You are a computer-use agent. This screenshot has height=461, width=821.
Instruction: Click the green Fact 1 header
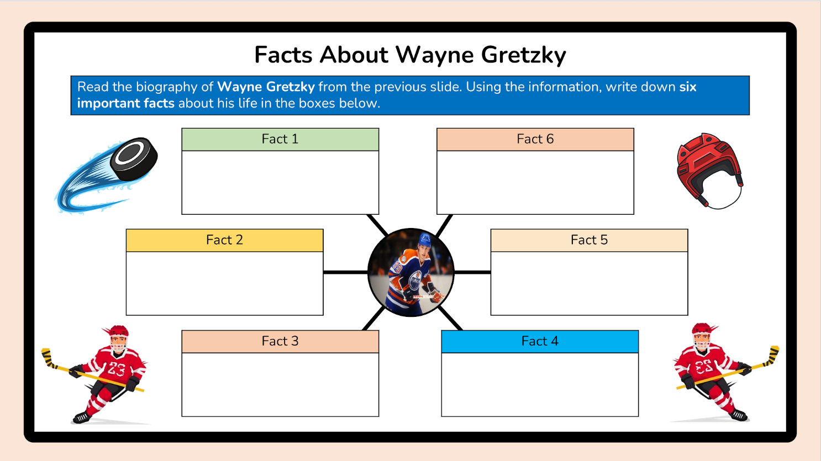[280, 139]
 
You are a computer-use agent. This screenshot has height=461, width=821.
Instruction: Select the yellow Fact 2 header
[224, 240]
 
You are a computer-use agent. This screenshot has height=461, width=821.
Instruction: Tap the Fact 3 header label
[280, 341]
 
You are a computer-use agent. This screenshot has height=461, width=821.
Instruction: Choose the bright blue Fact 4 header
[540, 341]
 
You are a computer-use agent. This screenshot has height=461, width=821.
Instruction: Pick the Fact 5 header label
[589, 240]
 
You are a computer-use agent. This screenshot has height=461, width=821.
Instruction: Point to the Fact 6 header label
[535, 139]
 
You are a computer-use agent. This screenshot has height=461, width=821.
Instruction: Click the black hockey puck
[134, 158]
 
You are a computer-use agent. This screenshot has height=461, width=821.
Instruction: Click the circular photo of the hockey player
[411, 272]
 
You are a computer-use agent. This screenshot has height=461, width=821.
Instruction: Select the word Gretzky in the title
[523, 55]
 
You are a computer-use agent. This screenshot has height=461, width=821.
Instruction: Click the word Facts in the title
[283, 55]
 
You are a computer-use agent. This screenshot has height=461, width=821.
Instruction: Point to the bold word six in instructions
[688, 87]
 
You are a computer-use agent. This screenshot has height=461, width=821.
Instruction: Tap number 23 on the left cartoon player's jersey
[116, 369]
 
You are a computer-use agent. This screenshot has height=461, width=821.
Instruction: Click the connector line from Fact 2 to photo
[345, 272]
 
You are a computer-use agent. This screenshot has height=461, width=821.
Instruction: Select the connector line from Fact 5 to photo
[472, 272]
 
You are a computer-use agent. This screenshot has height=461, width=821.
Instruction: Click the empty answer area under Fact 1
[280, 182]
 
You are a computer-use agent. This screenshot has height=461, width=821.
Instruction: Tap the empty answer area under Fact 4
[540, 384]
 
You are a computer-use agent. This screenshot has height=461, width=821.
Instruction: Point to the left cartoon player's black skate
[82, 417]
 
